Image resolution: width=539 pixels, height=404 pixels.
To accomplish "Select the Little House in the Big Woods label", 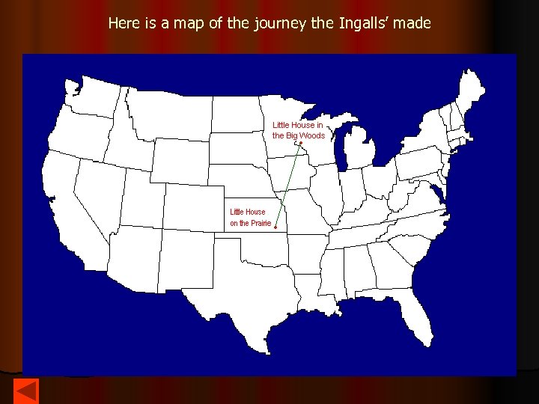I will [x=298, y=130].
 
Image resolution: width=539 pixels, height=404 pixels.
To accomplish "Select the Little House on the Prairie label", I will [x=250, y=217].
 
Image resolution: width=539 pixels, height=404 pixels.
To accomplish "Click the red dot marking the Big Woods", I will [x=301, y=143].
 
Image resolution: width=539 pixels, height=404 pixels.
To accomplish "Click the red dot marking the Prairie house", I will [x=276, y=227].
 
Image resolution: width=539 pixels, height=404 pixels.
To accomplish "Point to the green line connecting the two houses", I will [x=289, y=185].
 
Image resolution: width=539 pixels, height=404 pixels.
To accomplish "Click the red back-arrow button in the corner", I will [x=26, y=392].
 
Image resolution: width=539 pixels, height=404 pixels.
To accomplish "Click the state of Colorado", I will [x=187, y=206].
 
